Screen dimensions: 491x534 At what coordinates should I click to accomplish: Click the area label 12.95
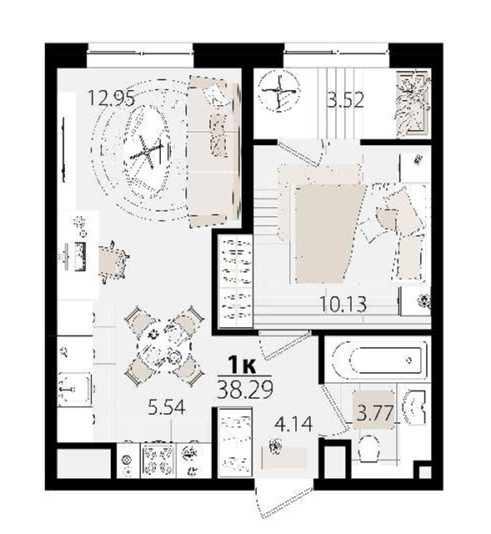point(111,98)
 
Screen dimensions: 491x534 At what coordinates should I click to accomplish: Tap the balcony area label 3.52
point(345,100)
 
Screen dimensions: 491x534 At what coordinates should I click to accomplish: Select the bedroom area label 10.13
point(344,304)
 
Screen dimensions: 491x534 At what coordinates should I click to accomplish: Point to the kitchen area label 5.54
point(167,407)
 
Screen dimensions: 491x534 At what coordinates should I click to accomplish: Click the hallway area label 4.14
point(293,425)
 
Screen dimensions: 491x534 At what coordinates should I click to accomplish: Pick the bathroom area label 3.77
point(374,414)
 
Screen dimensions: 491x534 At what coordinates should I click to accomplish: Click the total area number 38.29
point(244,390)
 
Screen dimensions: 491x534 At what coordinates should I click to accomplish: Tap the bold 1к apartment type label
point(243,365)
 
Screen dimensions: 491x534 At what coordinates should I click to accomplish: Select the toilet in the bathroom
point(369,449)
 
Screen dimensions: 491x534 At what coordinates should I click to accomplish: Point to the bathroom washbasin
point(415,407)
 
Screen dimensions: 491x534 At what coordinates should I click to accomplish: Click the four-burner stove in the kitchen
point(158,461)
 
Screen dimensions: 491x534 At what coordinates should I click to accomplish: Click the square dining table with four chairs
point(164,346)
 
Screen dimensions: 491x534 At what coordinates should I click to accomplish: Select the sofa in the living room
point(213,152)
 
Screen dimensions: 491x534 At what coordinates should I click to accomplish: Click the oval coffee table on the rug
point(148,151)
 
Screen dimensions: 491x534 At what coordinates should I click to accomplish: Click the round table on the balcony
point(279,91)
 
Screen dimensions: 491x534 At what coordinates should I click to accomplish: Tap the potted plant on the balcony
point(413,104)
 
